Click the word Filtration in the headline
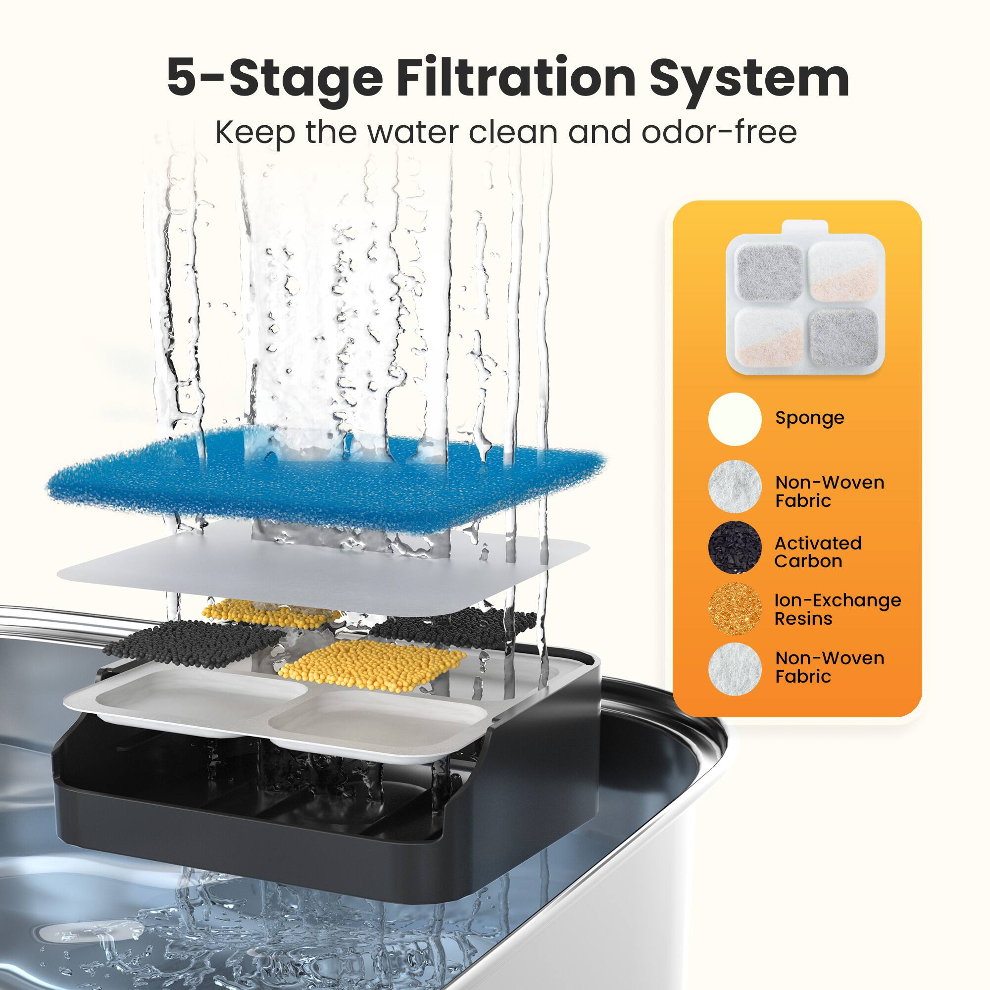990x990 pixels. pyautogui.click(x=515, y=78)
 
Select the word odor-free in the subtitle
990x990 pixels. pyautogui.click(x=719, y=132)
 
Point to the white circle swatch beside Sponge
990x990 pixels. pyautogui.click(x=734, y=419)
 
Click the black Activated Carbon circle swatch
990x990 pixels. pyautogui.click(x=734, y=547)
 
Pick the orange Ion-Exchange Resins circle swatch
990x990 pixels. pyautogui.click(x=734, y=609)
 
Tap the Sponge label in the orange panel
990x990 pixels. pyautogui.click(x=809, y=418)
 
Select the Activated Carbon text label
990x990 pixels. pyautogui.click(x=817, y=552)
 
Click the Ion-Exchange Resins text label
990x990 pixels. pyautogui.click(x=837, y=609)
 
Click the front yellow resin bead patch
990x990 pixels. pyautogui.click(x=372, y=665)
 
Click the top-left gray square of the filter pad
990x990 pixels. pyautogui.click(x=769, y=272)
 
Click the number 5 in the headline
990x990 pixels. pyautogui.click(x=186, y=78)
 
